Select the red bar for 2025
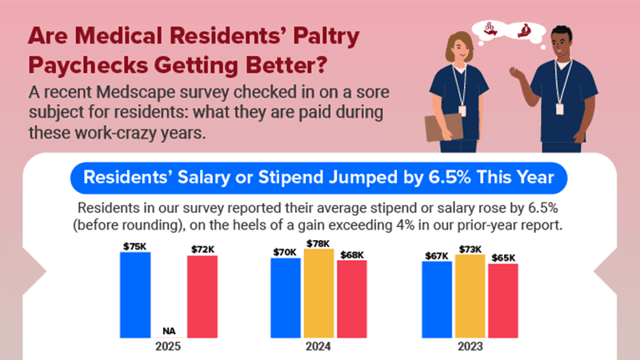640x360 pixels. (x=202, y=296)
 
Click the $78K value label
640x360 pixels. (x=318, y=242)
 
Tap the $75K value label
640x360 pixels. (x=135, y=246)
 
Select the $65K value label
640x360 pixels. (x=503, y=258)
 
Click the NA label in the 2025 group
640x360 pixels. (x=169, y=330)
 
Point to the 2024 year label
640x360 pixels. (x=319, y=348)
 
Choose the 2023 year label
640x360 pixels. (x=470, y=348)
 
